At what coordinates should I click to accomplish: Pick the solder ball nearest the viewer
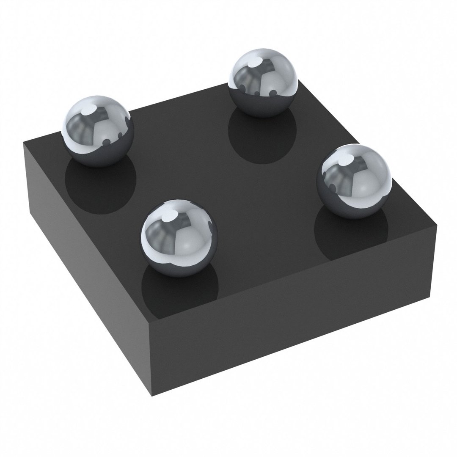pos(179,237)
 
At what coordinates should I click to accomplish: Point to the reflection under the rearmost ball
pos(262,138)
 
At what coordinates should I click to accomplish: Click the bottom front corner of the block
pos(151,396)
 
